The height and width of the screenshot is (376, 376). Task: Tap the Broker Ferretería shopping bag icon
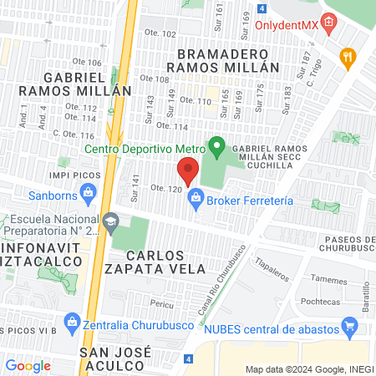[x=196, y=198]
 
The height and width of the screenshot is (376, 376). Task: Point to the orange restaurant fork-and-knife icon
[x=348, y=57]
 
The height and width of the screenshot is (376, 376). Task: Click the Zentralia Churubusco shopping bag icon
[x=71, y=322]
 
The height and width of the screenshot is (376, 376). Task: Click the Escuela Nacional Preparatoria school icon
[x=114, y=221]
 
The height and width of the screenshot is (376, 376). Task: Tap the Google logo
[x=28, y=365]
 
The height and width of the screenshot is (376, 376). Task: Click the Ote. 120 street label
[x=165, y=190]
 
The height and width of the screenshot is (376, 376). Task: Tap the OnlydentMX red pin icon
[x=329, y=22]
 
